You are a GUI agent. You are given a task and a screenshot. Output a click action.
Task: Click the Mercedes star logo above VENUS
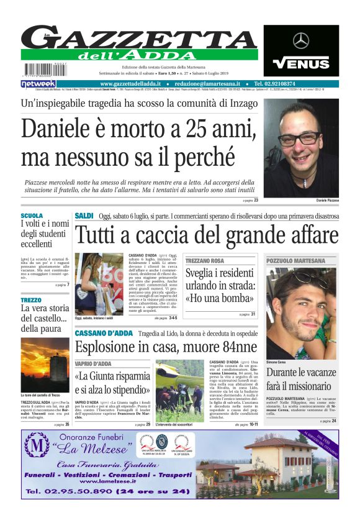301,41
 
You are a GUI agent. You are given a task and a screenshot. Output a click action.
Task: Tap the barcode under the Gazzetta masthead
39,69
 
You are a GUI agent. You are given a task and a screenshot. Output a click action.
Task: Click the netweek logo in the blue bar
38,83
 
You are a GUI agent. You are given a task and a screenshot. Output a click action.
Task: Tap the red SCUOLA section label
32,216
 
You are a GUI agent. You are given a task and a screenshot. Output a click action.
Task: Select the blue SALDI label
84,216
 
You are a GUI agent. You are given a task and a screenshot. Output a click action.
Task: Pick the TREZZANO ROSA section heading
204,261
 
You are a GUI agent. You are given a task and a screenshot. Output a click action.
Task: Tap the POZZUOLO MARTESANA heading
295,261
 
